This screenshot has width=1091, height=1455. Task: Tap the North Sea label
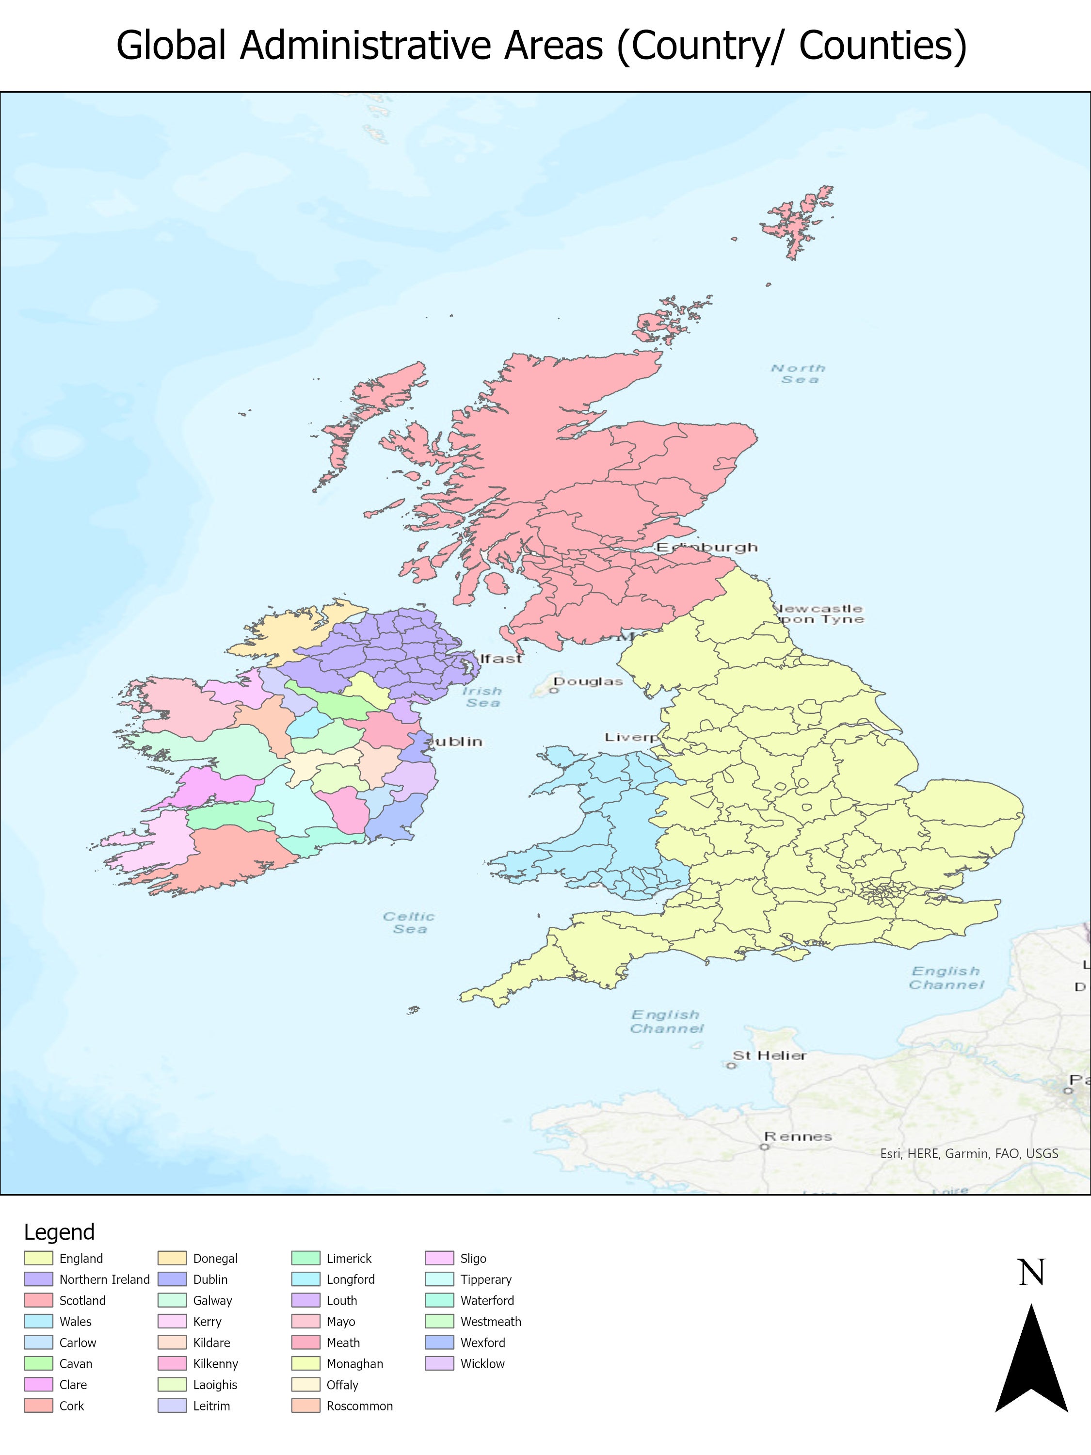tap(798, 373)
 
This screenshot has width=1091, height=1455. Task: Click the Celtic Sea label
tap(409, 922)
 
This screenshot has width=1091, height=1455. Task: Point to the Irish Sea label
tap(482, 696)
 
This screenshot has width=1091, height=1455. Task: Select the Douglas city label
tap(588, 681)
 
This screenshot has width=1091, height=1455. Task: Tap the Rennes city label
tap(798, 1136)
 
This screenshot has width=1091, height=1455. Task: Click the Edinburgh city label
tap(707, 547)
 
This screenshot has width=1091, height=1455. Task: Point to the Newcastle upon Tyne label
tap(819, 614)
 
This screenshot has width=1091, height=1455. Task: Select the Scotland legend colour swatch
tap(38, 1300)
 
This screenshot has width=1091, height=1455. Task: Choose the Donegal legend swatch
tap(172, 1258)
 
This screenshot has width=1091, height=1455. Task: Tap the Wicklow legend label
tap(482, 1363)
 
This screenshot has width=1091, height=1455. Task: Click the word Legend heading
tap(59, 1231)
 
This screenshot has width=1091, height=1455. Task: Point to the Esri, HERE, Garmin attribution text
tap(969, 1153)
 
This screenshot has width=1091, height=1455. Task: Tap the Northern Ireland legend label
tap(105, 1279)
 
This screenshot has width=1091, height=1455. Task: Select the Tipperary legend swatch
tap(439, 1279)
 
